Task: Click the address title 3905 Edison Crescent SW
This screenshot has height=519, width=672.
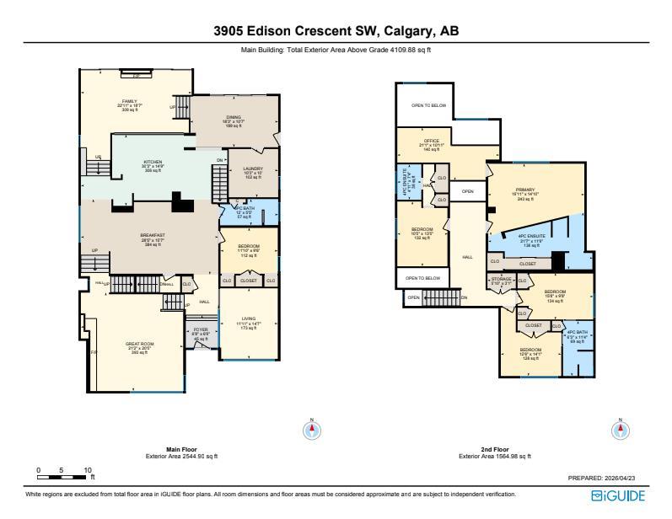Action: click(x=336, y=31)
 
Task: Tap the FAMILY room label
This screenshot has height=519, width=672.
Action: click(x=129, y=101)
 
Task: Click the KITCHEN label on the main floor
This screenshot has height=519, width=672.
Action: click(x=153, y=162)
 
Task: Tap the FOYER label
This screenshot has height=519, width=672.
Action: click(x=201, y=329)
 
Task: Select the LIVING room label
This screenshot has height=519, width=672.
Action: click(x=248, y=319)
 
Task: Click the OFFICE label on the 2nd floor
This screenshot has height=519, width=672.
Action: click(x=431, y=141)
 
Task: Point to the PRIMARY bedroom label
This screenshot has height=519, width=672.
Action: click(x=536, y=190)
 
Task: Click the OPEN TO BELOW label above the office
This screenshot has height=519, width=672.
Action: click(x=428, y=105)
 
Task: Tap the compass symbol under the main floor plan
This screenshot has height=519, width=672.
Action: click(x=312, y=430)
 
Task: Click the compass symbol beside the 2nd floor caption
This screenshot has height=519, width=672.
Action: click(x=620, y=430)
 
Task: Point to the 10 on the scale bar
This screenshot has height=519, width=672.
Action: click(x=88, y=469)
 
